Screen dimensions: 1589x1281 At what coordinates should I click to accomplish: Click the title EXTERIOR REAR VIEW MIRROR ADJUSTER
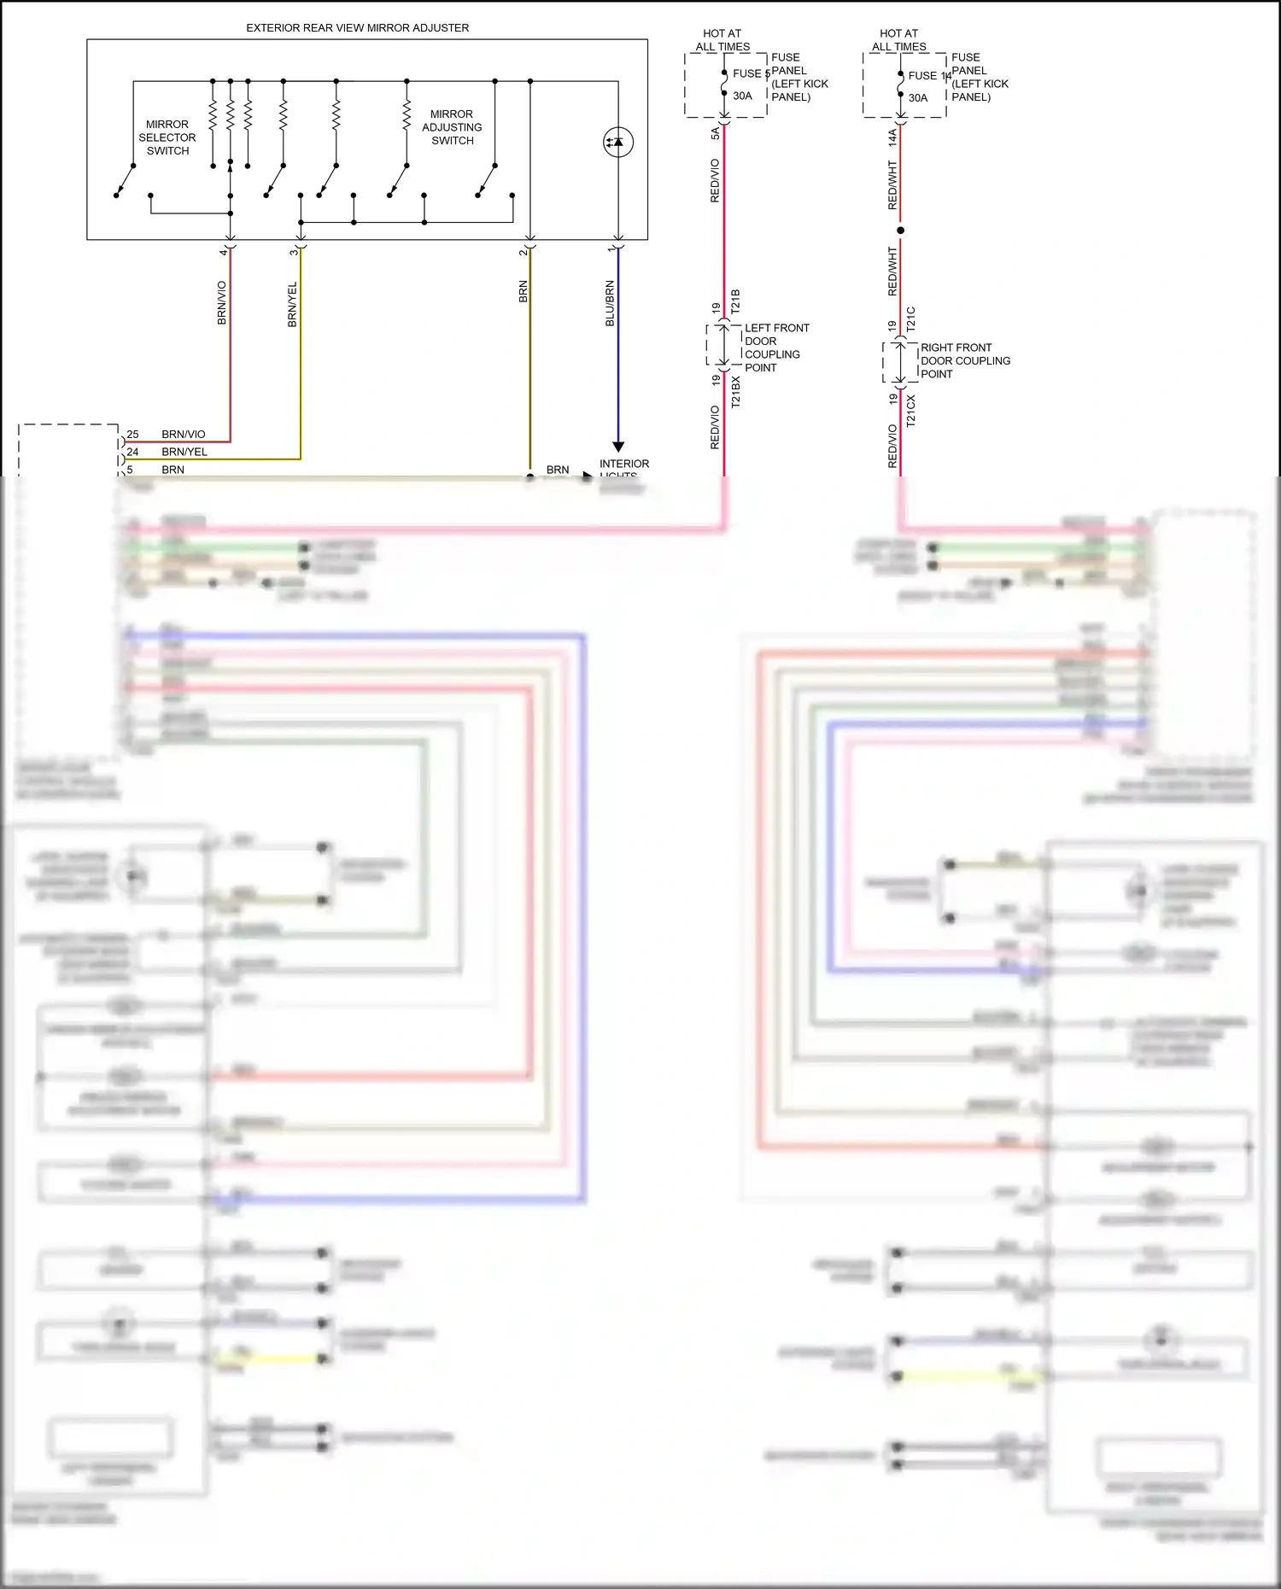(357, 28)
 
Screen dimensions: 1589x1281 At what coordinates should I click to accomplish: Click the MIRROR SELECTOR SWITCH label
(167, 137)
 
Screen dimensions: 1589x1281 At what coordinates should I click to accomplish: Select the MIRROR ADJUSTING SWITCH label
(452, 127)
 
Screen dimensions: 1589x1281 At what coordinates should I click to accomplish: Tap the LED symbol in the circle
(617, 142)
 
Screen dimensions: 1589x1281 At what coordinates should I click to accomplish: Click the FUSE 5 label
(751, 74)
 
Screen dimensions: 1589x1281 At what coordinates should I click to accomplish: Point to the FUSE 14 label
(929, 76)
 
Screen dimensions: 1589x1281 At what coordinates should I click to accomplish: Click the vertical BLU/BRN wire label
(610, 303)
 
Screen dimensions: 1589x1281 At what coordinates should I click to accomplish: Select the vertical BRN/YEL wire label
(292, 305)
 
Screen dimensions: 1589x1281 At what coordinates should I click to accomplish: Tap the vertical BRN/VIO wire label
(222, 303)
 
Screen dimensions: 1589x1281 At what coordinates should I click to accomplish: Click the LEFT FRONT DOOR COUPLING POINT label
(775, 348)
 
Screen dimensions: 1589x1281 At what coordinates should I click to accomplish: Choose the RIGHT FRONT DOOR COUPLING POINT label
(964, 360)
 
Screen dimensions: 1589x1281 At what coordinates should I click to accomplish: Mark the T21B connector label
(735, 301)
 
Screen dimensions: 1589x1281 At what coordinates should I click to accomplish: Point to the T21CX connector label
(910, 411)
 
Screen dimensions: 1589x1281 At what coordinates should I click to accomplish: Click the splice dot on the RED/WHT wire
(900, 231)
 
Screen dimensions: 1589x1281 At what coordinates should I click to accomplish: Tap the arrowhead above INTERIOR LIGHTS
(618, 447)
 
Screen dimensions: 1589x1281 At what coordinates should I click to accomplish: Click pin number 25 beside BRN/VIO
(132, 435)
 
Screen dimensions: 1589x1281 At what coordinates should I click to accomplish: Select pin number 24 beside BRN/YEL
(132, 453)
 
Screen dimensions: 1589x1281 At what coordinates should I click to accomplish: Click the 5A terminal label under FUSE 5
(716, 133)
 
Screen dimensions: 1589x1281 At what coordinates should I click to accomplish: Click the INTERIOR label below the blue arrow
(623, 464)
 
